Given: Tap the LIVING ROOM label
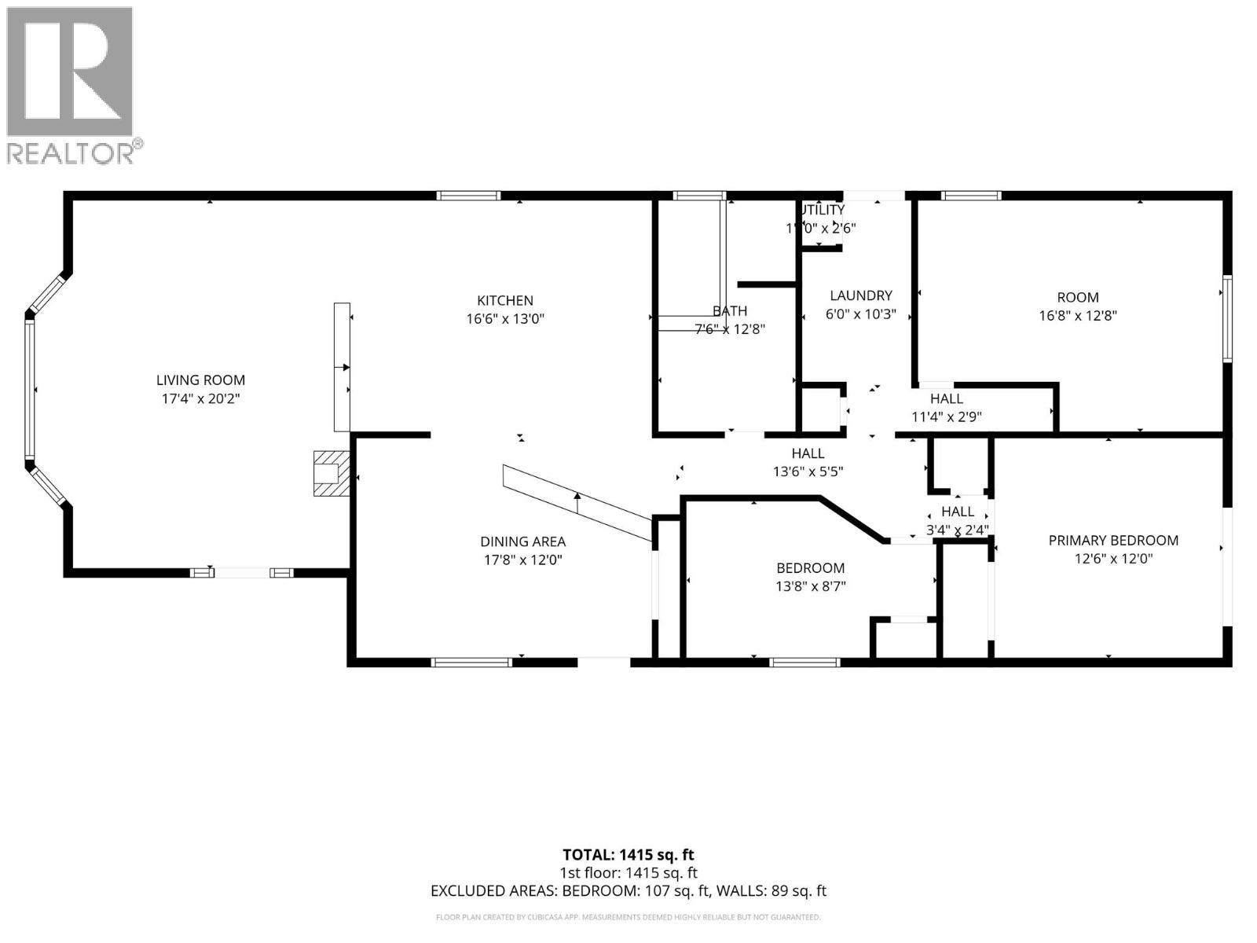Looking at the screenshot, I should tap(200, 380).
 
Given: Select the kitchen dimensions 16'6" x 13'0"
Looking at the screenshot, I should tap(505, 319).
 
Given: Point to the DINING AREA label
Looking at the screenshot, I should tap(522, 541).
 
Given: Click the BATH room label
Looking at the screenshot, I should tap(730, 311).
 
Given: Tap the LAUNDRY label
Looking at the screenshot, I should tap(861, 295).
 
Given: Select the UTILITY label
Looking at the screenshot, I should tap(822, 210).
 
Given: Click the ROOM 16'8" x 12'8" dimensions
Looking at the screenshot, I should tap(1077, 316).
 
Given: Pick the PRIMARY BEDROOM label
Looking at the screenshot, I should tap(1113, 541).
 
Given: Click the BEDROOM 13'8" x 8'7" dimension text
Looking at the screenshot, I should tap(810, 586).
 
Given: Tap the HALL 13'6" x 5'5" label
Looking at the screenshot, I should tap(808, 453).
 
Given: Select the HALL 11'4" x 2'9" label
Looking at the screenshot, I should tap(946, 399).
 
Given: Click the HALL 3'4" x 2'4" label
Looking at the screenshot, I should tap(957, 512).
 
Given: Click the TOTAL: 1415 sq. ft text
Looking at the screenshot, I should tap(628, 854).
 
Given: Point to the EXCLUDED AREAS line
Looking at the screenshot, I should tap(628, 891).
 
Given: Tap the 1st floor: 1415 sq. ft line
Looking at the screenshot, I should tap(628, 873).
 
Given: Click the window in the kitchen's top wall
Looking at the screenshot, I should tap(468, 196).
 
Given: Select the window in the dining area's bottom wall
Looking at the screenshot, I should tap(471, 662).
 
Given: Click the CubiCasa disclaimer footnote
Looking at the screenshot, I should tap(628, 917).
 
